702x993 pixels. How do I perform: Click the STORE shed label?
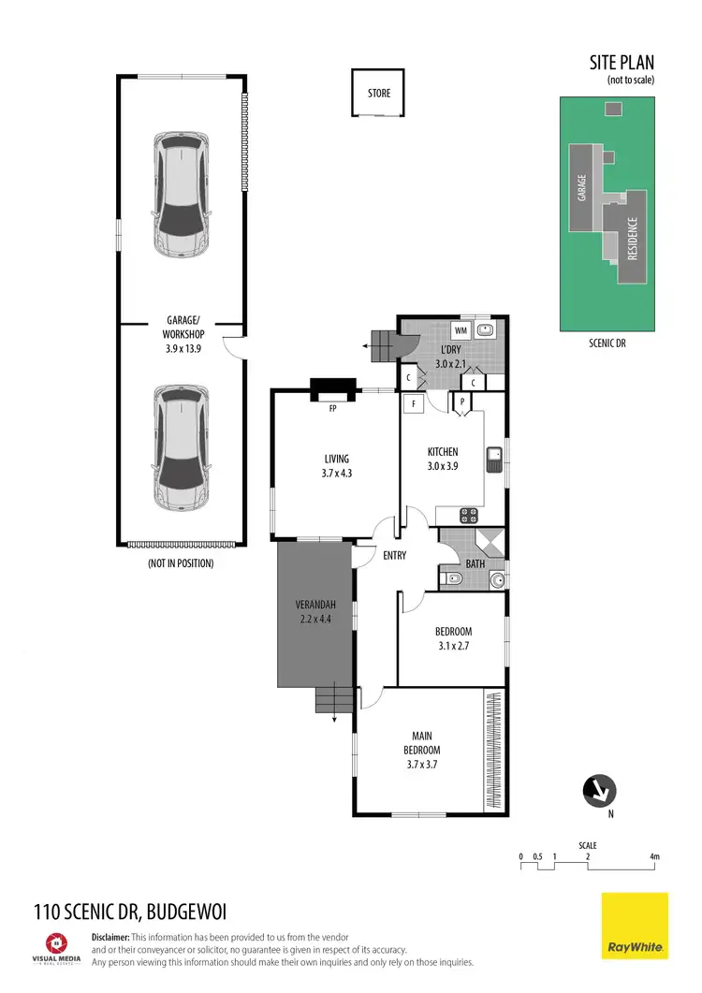378,94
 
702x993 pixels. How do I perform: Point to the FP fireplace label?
332,408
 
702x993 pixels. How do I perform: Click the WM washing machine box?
461,330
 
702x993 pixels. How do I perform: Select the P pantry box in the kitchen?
461,402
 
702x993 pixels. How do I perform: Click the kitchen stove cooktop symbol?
468,515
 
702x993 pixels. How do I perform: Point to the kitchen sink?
493,458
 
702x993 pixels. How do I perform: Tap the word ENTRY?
394,556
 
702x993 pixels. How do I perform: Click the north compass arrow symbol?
598,792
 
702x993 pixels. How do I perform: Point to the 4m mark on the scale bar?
654,856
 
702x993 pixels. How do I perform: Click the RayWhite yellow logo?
635,926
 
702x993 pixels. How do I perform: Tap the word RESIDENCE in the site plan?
633,239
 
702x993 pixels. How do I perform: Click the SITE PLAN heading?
621,63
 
